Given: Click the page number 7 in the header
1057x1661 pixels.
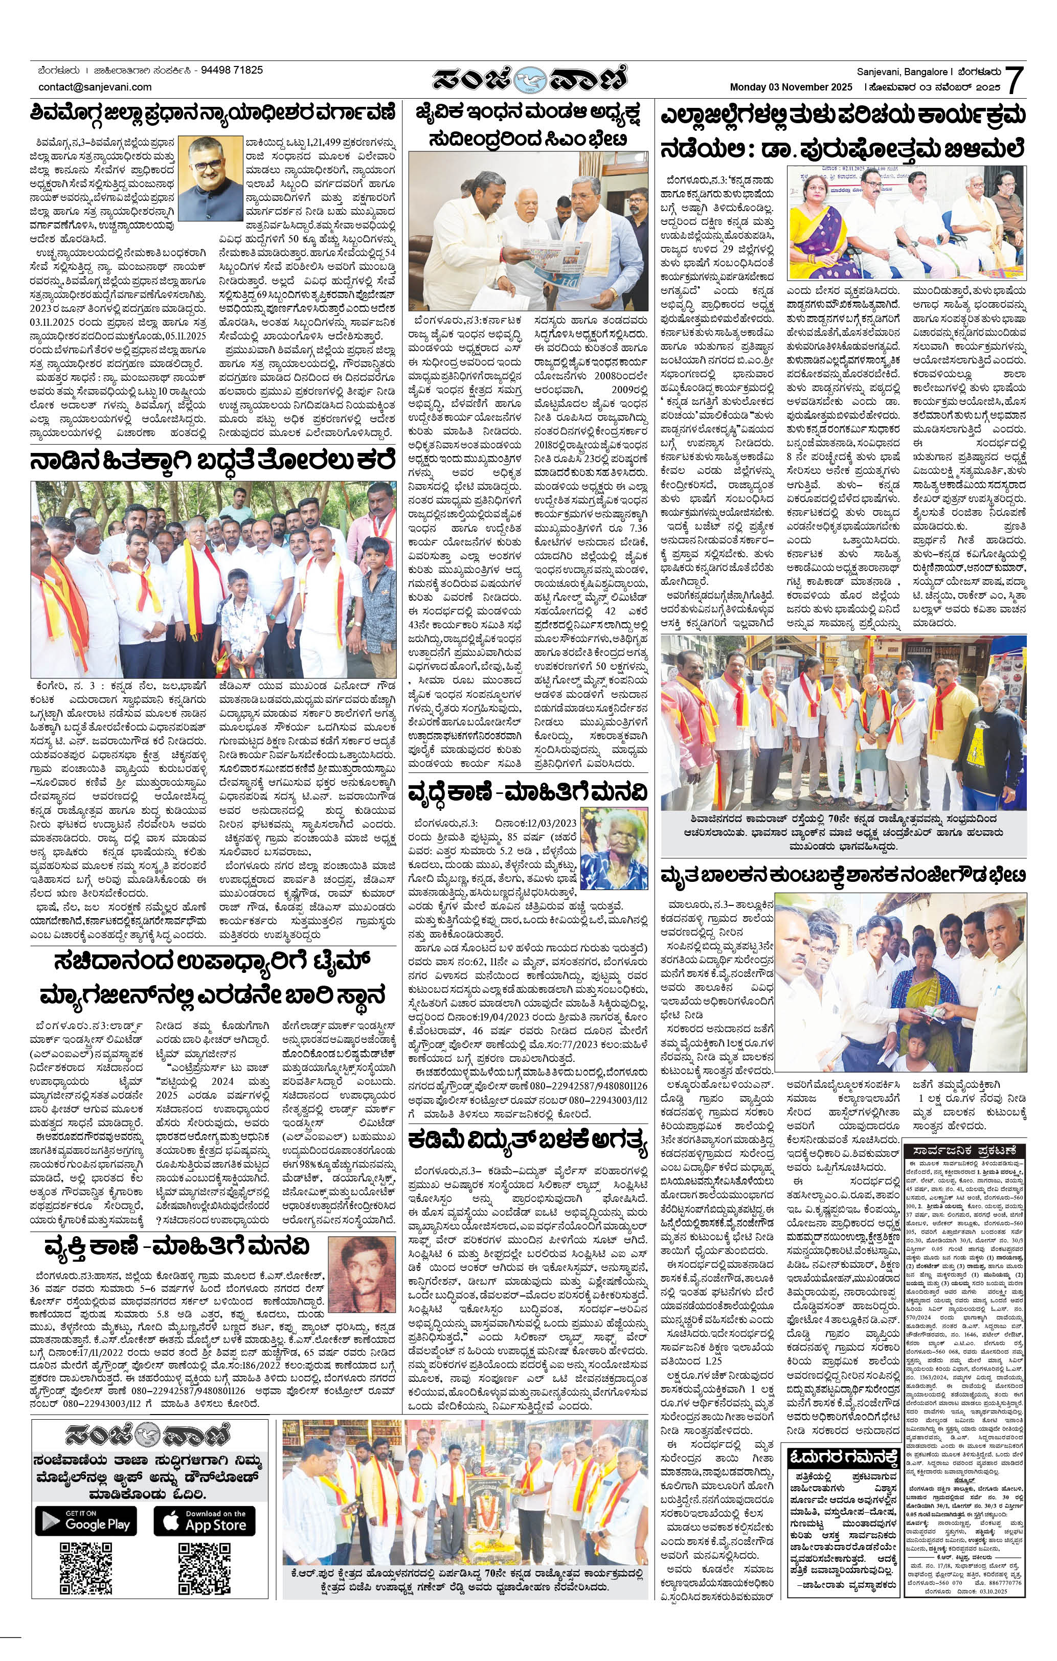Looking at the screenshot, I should point(1013,80).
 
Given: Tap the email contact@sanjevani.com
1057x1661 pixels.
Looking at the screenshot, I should point(95,87).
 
